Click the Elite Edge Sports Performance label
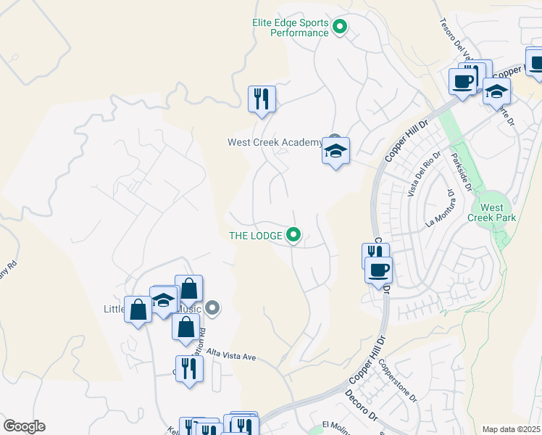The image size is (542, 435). click(291, 28)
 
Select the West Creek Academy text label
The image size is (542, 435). click(275, 142)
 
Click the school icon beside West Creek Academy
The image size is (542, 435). click(335, 152)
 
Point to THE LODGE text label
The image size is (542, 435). click(256, 235)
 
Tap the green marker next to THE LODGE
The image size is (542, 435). click(293, 234)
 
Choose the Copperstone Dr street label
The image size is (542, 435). click(397, 383)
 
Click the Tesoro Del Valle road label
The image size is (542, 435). click(456, 36)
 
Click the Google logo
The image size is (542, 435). click(24, 426)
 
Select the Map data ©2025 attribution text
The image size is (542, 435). click(511, 429)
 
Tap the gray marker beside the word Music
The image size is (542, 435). click(212, 308)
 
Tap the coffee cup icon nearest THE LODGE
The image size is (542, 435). click(378, 271)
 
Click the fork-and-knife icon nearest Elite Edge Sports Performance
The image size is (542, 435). click(262, 98)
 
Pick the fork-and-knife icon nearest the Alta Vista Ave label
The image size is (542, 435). click(189, 368)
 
